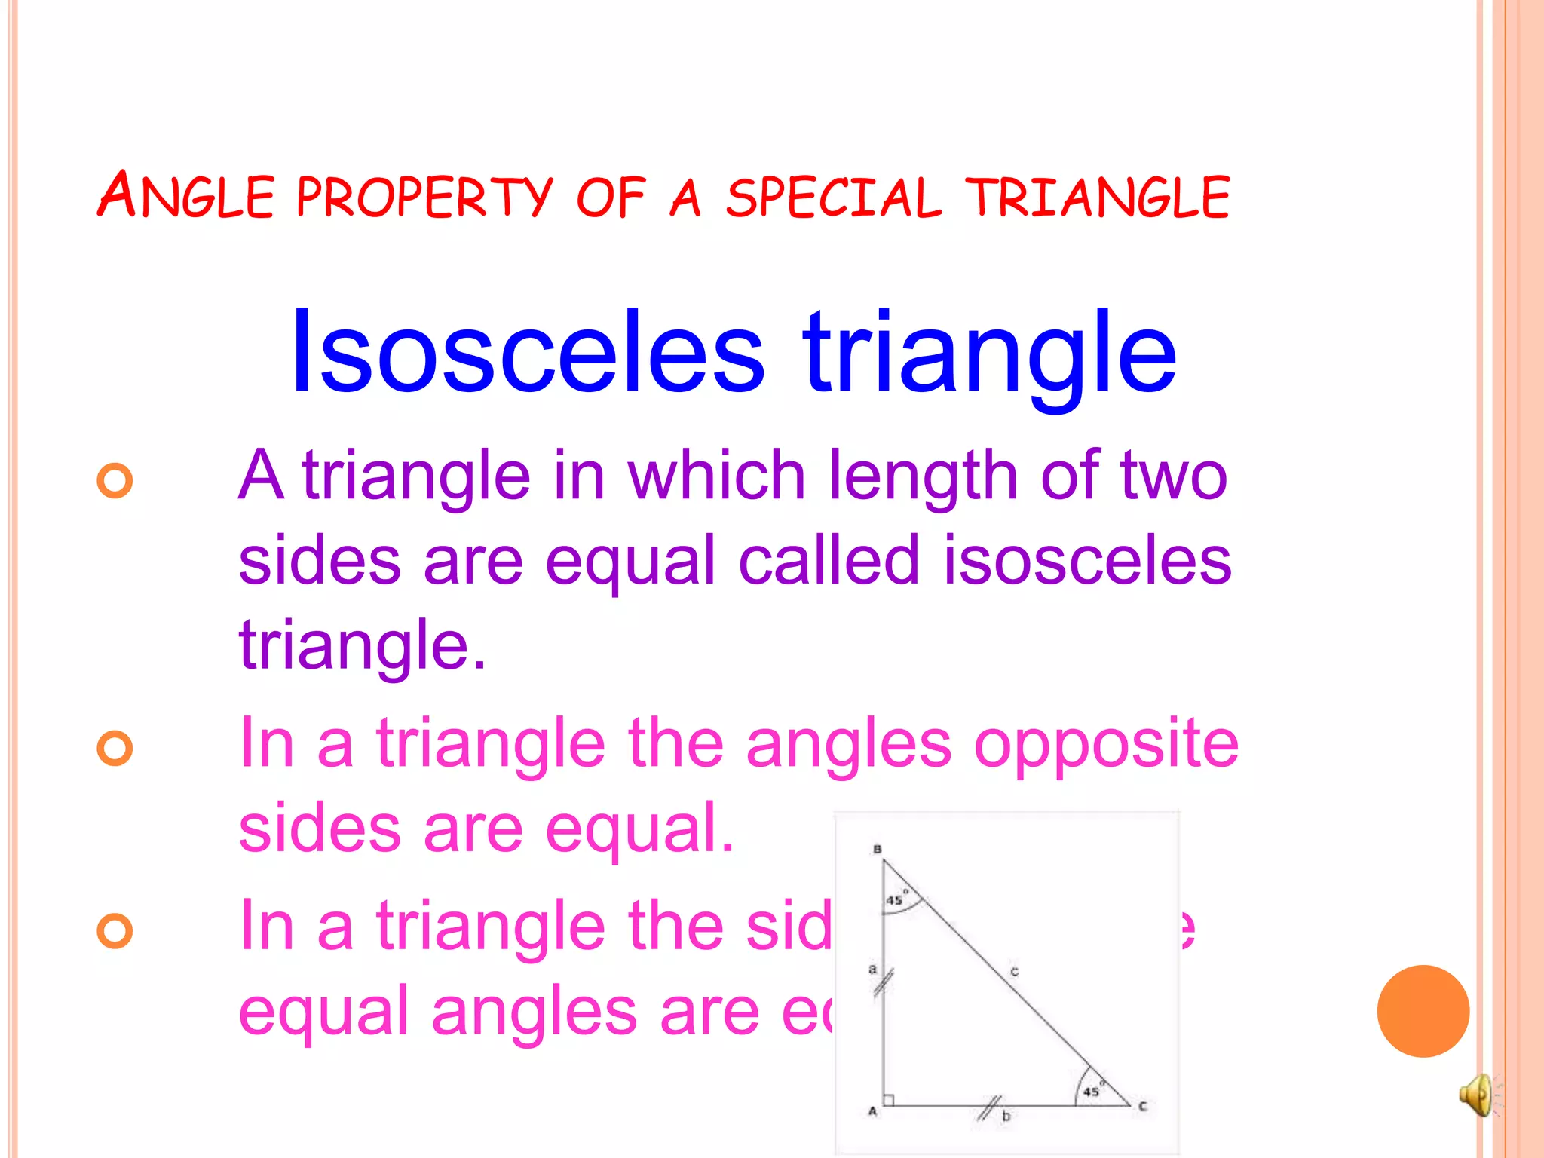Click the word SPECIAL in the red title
pos(833,198)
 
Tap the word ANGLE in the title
pos(185,196)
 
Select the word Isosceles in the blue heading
pos(527,351)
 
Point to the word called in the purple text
pos(829,561)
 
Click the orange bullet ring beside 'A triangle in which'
pos(115,480)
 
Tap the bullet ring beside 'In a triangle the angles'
pos(115,748)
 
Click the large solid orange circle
pos(1423,1011)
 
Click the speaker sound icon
pos(1475,1094)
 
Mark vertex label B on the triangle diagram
pos(877,850)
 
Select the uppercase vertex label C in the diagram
pos(1143,1107)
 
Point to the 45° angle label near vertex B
pos(896,899)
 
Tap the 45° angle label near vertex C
pos(1092,1090)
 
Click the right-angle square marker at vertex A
pos(889,1100)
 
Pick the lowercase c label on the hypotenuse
pos(1015,972)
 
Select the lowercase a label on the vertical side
pos(872,969)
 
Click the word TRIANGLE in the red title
pos(1098,198)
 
